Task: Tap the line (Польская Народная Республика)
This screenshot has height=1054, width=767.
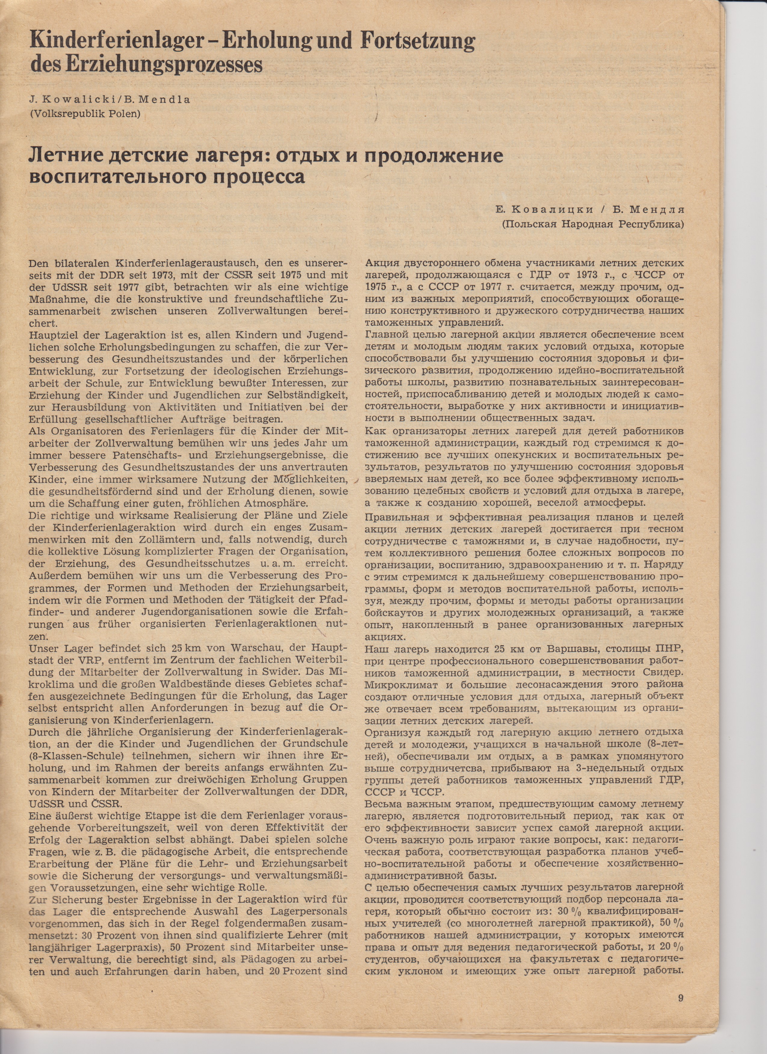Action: pyautogui.click(x=594, y=225)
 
